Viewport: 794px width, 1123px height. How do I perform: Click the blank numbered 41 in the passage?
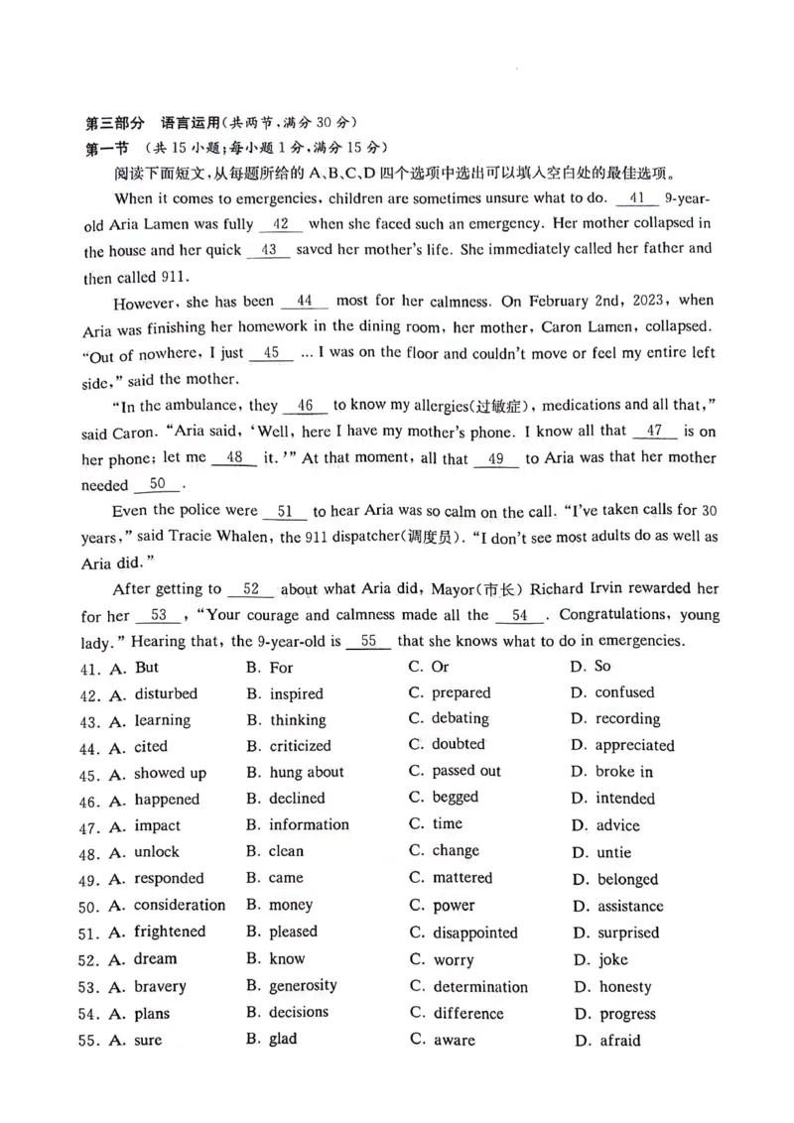[x=636, y=197]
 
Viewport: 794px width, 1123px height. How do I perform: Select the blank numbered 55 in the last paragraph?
[x=369, y=641]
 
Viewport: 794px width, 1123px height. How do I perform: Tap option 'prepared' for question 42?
[x=461, y=692]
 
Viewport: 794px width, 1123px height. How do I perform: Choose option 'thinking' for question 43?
[x=297, y=720]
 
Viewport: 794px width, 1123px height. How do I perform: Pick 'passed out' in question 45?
[x=465, y=771]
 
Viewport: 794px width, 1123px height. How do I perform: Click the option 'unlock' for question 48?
[x=157, y=851]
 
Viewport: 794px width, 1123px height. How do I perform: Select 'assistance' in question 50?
[x=630, y=906]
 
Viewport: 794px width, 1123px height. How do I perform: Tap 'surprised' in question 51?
[x=627, y=933]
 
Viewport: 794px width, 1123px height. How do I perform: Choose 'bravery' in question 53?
[x=160, y=986]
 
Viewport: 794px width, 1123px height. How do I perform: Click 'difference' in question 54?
[x=468, y=1013]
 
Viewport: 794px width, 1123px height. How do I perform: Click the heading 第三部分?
[x=115, y=124]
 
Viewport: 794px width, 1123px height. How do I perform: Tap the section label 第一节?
[x=107, y=148]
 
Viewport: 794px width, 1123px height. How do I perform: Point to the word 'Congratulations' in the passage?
[x=614, y=614]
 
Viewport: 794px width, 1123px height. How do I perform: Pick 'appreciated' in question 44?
[x=634, y=745]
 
